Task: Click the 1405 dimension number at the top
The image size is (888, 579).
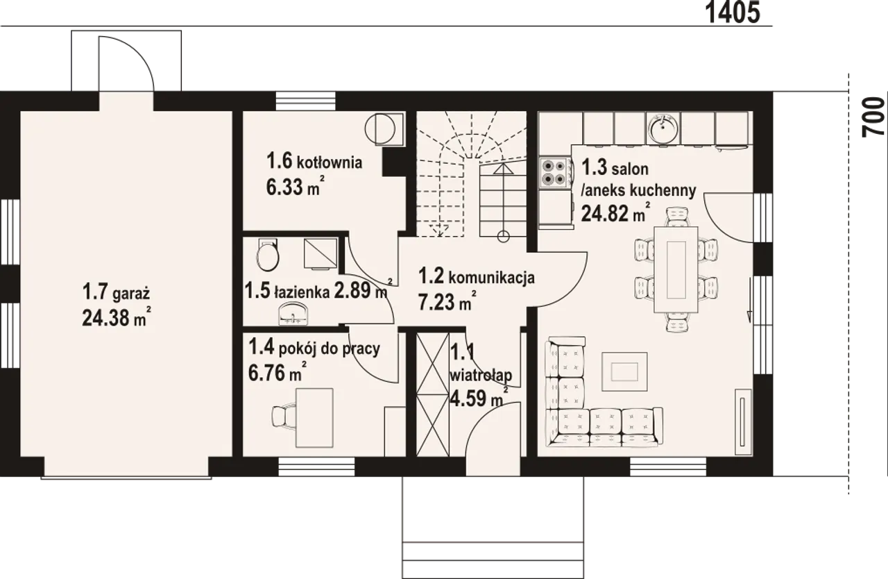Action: (x=733, y=12)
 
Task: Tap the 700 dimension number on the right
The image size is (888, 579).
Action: (x=873, y=118)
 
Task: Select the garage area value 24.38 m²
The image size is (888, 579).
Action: (x=117, y=317)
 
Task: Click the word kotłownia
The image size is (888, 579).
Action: (x=330, y=162)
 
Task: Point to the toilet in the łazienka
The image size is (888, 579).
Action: (x=268, y=254)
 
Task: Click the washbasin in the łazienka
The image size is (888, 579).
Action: (x=293, y=314)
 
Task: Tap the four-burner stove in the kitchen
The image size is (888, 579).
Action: (x=554, y=172)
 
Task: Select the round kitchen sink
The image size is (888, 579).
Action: (x=663, y=128)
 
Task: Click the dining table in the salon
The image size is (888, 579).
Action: (x=676, y=269)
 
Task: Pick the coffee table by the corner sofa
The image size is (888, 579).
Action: (x=624, y=371)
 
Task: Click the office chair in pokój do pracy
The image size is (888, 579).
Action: (x=284, y=417)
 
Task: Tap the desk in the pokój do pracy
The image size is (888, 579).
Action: (x=314, y=418)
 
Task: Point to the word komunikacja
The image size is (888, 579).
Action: (x=492, y=278)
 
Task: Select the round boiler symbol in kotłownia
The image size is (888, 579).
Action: (x=379, y=128)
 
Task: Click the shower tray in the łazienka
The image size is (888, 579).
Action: (x=321, y=253)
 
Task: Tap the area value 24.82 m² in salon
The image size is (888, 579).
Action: (x=615, y=213)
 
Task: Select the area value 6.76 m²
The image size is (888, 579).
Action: (x=277, y=372)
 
